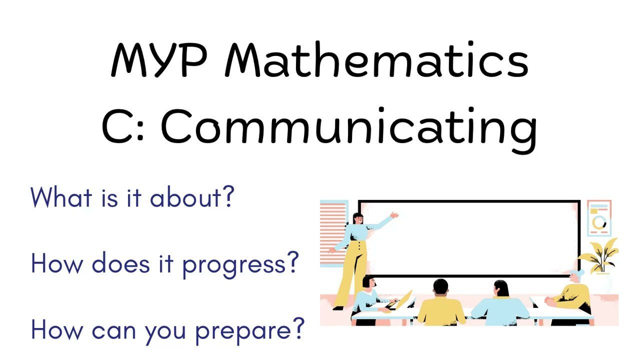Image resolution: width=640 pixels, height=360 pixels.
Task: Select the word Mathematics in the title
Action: coord(376,60)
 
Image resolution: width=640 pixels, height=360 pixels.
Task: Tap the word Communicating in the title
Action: coord(348,126)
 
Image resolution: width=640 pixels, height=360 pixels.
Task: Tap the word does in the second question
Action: coord(120,263)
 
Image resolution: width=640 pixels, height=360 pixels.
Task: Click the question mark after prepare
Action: coord(298,329)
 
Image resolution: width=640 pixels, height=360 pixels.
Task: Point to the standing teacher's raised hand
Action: coord(394,215)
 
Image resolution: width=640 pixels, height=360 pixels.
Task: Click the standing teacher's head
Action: coord(357,218)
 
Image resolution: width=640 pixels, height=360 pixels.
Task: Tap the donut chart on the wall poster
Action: coord(599,223)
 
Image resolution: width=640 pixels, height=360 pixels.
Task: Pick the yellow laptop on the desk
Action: coord(404,299)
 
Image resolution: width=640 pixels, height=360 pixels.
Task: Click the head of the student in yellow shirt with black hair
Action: coord(440,287)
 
